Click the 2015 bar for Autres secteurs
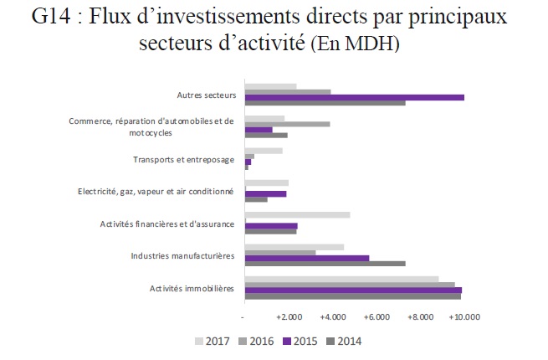354,97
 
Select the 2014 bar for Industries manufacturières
325,264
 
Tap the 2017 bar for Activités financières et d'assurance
297,215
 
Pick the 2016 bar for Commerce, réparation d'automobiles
287,124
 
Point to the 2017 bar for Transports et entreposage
264,151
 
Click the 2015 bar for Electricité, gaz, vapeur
265,193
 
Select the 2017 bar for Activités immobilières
341,279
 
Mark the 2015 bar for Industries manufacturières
306,258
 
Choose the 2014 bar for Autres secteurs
325,103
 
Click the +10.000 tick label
463,318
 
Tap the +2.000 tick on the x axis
288,318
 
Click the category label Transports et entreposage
184,160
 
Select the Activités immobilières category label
192,289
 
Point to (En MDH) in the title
356,44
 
